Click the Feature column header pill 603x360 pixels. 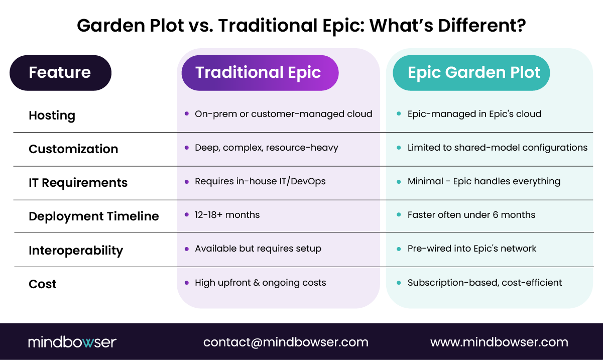tap(60, 73)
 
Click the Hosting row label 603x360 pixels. tap(52, 115)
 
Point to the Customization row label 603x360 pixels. tap(73, 149)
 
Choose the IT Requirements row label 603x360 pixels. tap(78, 183)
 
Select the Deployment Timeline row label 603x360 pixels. tap(93, 216)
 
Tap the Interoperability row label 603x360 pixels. tap(75, 250)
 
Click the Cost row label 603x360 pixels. tap(43, 284)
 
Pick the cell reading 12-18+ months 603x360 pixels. tap(227, 215)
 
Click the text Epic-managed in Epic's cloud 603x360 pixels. tap(474, 114)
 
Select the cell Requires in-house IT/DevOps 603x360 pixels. tap(260, 181)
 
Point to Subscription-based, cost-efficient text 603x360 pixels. tap(485, 283)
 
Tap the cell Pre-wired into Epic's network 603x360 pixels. tap(471, 249)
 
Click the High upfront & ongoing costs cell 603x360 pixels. tap(260, 283)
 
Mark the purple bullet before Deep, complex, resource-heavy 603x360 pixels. tap(187, 148)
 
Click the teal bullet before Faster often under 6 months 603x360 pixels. tap(399, 215)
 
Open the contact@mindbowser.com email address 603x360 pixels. tap(286, 342)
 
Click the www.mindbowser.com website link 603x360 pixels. tap(499, 342)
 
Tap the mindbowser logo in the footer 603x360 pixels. tap(72, 342)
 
